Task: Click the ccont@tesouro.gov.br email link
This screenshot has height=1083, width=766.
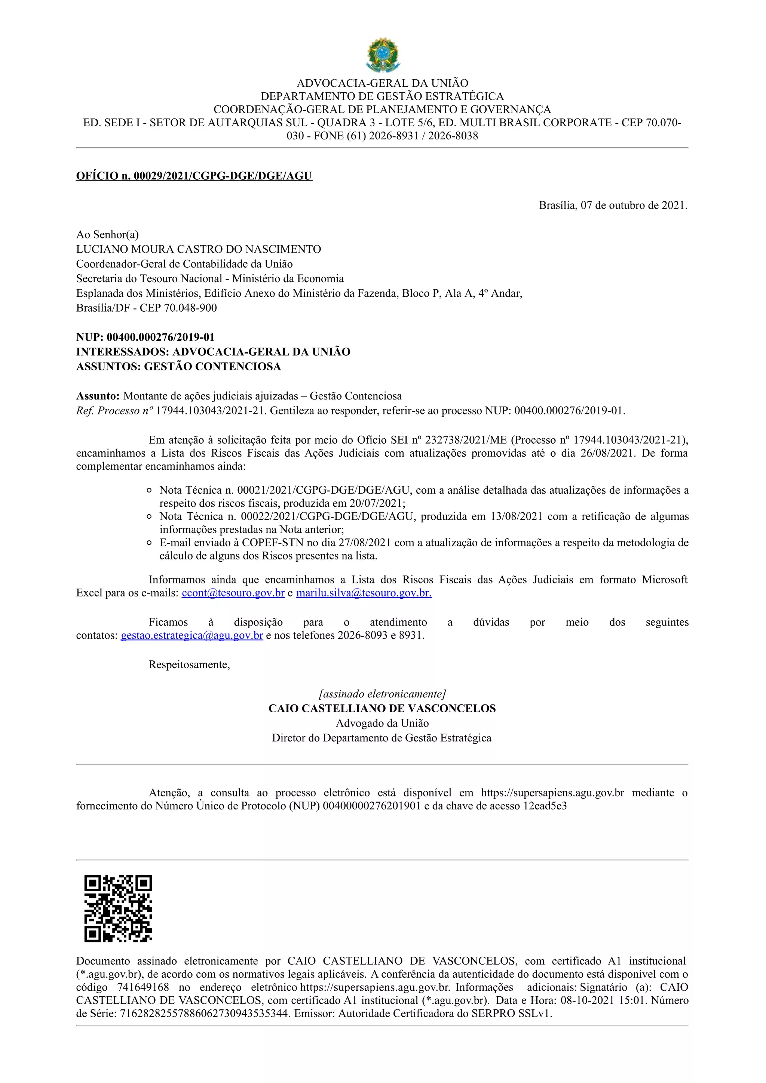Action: [233, 593]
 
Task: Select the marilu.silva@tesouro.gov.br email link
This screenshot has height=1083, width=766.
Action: [364, 593]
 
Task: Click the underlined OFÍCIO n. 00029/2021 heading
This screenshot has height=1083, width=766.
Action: [194, 176]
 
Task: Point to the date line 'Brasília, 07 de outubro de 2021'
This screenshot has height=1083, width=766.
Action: [613, 205]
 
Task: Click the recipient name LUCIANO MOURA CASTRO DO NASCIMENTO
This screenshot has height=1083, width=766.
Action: [198, 249]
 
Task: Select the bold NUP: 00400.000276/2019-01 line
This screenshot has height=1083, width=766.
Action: [145, 337]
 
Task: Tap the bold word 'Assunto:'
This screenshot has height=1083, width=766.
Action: [98, 396]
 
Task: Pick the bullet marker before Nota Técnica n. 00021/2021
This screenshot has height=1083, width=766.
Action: [149, 491]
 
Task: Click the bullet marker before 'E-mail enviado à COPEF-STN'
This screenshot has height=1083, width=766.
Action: [149, 543]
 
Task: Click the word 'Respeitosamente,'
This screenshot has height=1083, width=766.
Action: [189, 664]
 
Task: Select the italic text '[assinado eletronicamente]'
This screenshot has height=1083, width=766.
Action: [382, 694]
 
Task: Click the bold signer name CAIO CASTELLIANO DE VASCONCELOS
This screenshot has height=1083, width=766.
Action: [382, 709]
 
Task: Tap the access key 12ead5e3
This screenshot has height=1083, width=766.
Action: [545, 806]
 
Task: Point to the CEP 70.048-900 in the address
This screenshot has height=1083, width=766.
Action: [190, 308]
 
